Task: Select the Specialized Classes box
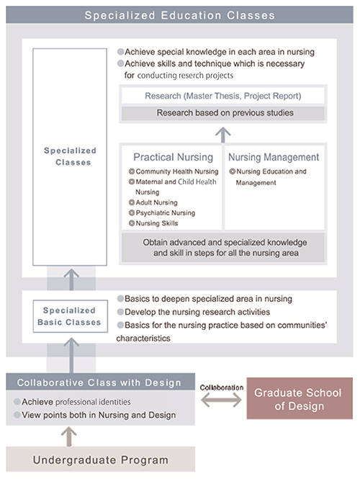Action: point(70,156)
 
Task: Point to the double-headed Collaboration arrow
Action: point(221,400)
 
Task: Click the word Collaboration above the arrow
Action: point(221,387)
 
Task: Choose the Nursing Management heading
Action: point(273,156)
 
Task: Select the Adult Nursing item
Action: point(156,202)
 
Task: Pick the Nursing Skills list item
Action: point(157,223)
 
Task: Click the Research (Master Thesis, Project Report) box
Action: point(222,95)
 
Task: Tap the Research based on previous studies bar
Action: point(222,113)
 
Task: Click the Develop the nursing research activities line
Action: point(197,311)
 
